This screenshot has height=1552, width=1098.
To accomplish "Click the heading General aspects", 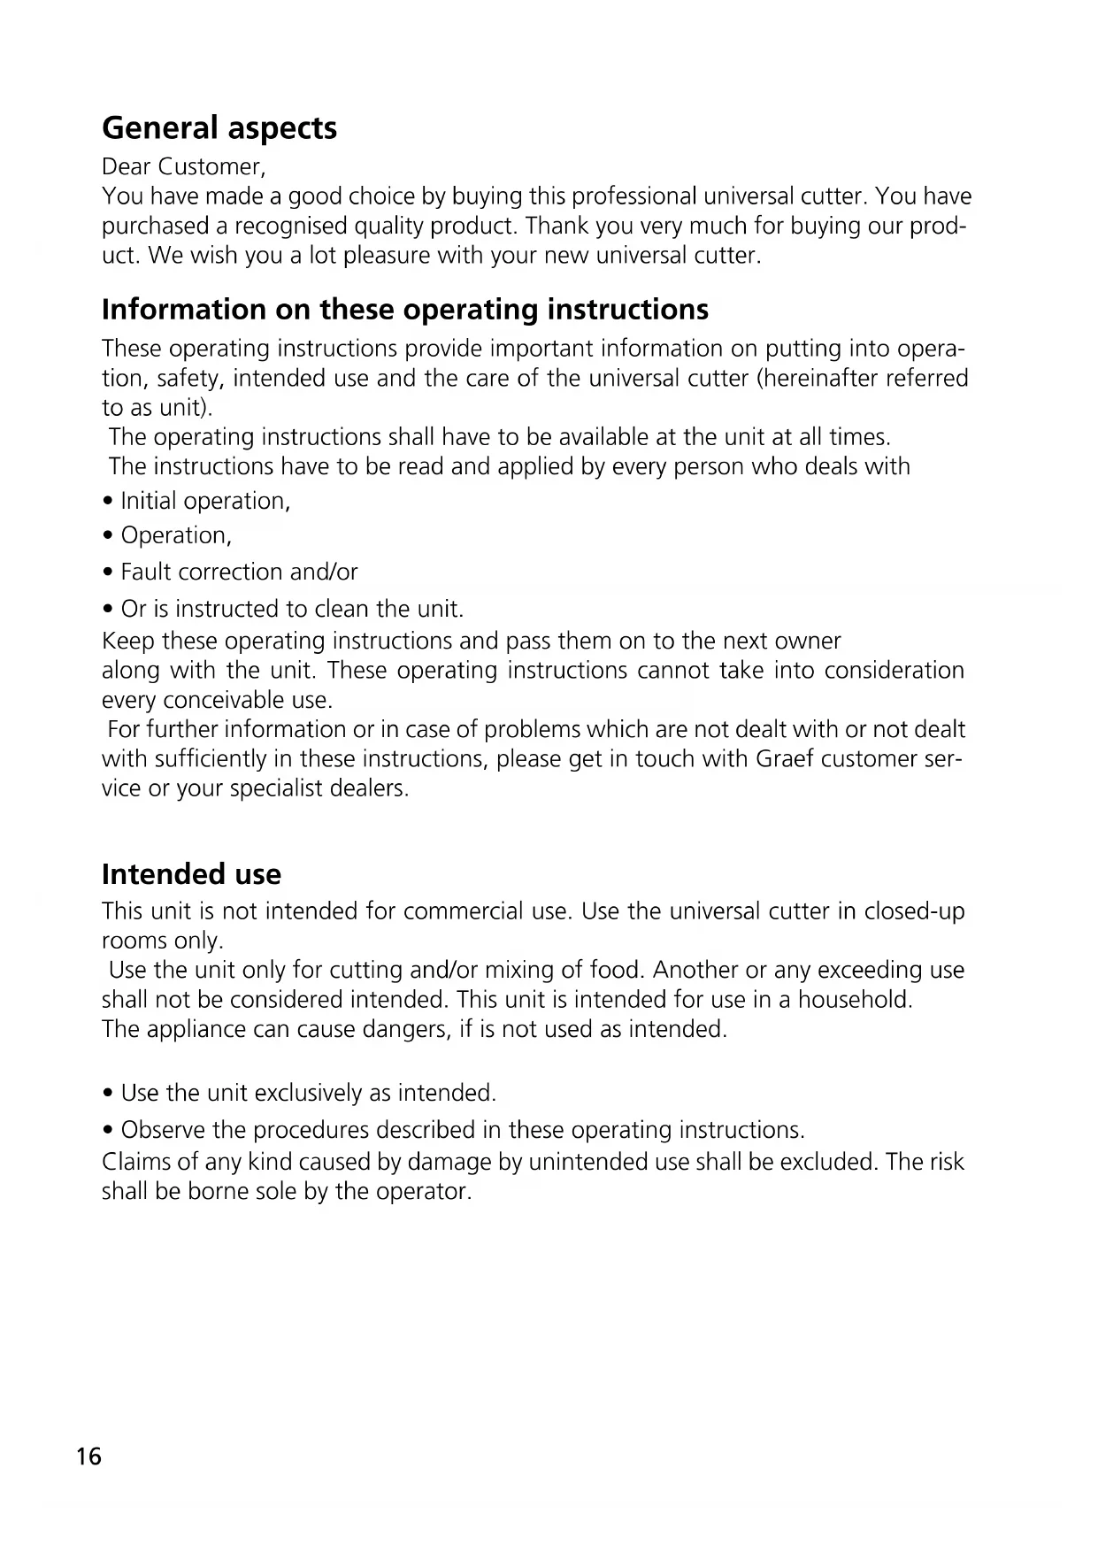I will pyautogui.click(x=219, y=128).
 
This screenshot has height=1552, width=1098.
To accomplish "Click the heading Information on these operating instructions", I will pyautogui.click(x=405, y=310).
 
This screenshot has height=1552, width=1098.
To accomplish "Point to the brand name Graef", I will pyautogui.click(x=785, y=760).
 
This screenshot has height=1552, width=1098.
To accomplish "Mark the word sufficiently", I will pyautogui.click(x=211, y=760).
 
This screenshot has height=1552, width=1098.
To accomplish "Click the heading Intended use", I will pyautogui.click(x=191, y=874).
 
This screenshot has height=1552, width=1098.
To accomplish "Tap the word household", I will pyautogui.click(x=854, y=1000).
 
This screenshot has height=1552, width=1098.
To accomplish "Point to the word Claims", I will pyautogui.click(x=134, y=1162).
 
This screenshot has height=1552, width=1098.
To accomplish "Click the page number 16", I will pyautogui.click(x=89, y=1456).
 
